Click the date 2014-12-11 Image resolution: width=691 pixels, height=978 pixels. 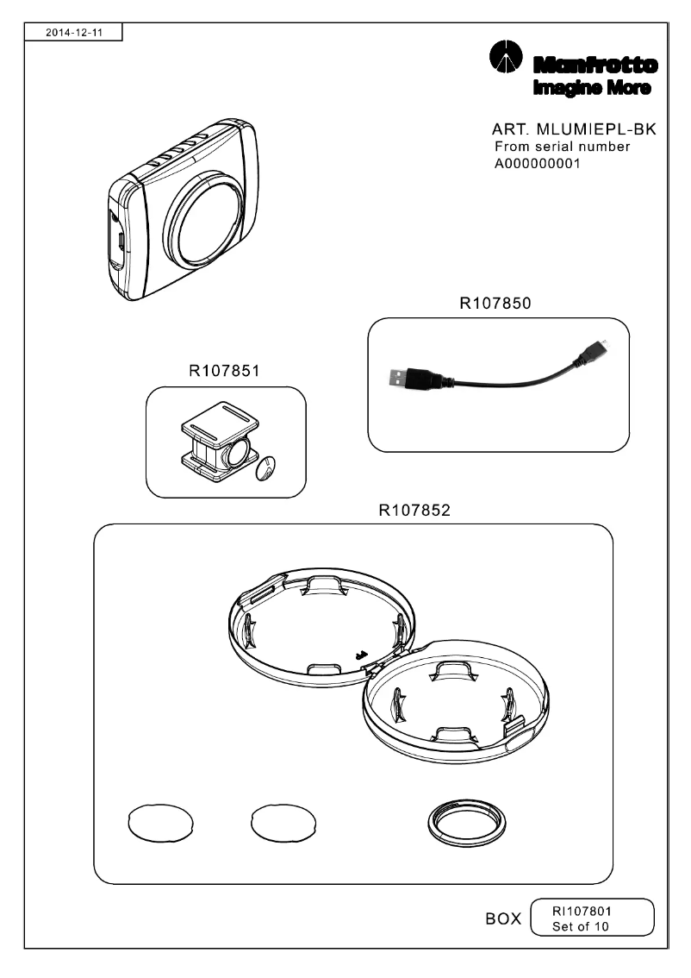[x=72, y=33]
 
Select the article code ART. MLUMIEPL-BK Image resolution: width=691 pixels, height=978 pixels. [x=574, y=129]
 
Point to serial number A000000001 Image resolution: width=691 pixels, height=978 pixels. [x=537, y=164]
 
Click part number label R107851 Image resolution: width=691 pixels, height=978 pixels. [x=225, y=372]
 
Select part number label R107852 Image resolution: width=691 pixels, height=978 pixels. [x=414, y=510]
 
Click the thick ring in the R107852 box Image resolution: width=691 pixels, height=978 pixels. [x=467, y=824]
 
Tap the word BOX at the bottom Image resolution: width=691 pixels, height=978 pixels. [x=503, y=919]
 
